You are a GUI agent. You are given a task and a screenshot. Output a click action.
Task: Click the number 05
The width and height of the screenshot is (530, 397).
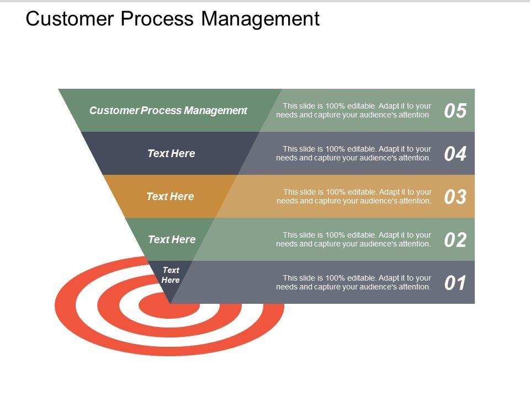(x=455, y=111)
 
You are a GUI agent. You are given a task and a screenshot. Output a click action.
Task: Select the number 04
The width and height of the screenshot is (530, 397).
(x=455, y=154)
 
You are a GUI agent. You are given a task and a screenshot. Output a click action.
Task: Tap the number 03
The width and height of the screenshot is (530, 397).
(x=455, y=197)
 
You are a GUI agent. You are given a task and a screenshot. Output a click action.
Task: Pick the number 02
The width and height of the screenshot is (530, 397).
(x=455, y=240)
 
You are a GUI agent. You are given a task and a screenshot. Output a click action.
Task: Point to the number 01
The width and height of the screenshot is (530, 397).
(x=455, y=283)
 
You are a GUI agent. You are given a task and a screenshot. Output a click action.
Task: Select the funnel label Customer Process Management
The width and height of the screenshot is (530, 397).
(x=168, y=110)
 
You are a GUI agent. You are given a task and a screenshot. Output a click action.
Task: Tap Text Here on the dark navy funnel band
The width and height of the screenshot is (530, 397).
(x=171, y=153)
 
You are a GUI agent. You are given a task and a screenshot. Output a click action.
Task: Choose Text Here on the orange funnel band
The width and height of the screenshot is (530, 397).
(x=170, y=196)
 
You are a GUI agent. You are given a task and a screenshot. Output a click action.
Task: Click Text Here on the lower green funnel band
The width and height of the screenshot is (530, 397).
(x=172, y=239)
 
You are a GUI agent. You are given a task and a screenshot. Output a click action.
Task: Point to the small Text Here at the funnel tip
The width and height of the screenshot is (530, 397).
(x=171, y=275)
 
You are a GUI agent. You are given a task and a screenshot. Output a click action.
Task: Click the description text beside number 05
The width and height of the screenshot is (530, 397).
(x=354, y=110)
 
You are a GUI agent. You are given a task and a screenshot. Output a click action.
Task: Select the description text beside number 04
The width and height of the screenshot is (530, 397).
(x=354, y=153)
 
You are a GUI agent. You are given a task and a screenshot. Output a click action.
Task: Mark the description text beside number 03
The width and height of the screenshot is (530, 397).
(x=354, y=196)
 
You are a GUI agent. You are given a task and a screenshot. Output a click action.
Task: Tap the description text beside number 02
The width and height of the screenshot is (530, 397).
(x=354, y=239)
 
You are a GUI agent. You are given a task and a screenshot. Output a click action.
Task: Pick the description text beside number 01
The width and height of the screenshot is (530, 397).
(x=354, y=282)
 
